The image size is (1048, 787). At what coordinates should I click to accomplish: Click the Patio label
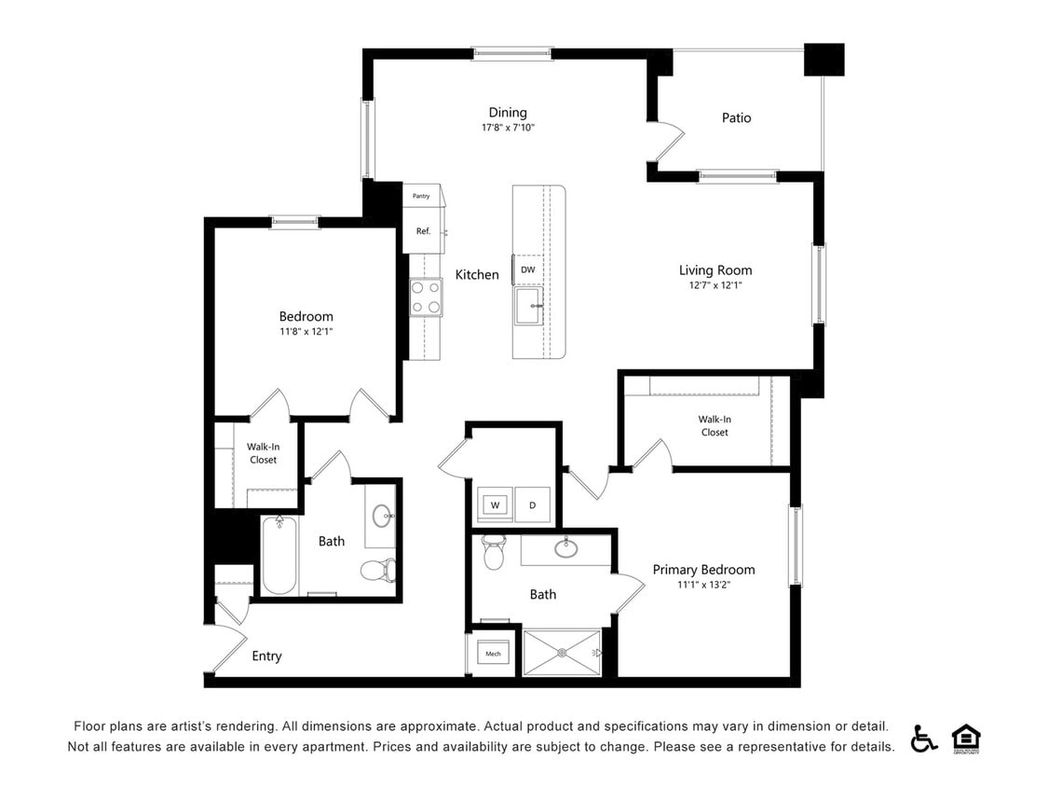pyautogui.click(x=736, y=117)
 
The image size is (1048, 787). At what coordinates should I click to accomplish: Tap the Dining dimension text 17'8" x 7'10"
pyautogui.click(x=508, y=128)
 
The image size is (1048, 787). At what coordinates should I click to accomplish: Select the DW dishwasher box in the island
pyautogui.click(x=527, y=269)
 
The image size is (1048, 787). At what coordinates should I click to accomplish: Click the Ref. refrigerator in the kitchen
pyautogui.click(x=424, y=230)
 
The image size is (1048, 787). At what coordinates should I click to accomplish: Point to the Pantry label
pyautogui.click(x=422, y=196)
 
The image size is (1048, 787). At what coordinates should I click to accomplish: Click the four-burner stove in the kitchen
pyautogui.click(x=426, y=297)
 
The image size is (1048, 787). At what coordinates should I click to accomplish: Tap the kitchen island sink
pyautogui.click(x=528, y=306)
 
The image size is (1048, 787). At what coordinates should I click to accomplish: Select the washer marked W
pyautogui.click(x=495, y=505)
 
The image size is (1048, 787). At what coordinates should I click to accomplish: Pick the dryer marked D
pyautogui.click(x=533, y=505)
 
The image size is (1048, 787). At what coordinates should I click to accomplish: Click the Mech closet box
pyautogui.click(x=493, y=654)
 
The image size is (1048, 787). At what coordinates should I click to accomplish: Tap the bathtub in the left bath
pyautogui.click(x=279, y=556)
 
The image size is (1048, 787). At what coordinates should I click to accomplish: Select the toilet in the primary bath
pyautogui.click(x=494, y=553)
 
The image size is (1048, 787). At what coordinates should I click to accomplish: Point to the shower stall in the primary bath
pyautogui.click(x=562, y=653)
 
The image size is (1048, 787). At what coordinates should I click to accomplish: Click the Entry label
pyautogui.click(x=266, y=656)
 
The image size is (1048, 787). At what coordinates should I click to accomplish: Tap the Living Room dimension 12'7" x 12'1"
pyautogui.click(x=715, y=285)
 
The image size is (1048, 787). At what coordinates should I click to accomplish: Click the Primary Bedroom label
pyautogui.click(x=703, y=570)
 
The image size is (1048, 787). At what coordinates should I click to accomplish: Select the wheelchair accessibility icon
pyautogui.click(x=923, y=738)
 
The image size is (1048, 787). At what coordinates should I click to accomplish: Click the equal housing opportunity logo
pyautogui.click(x=966, y=739)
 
